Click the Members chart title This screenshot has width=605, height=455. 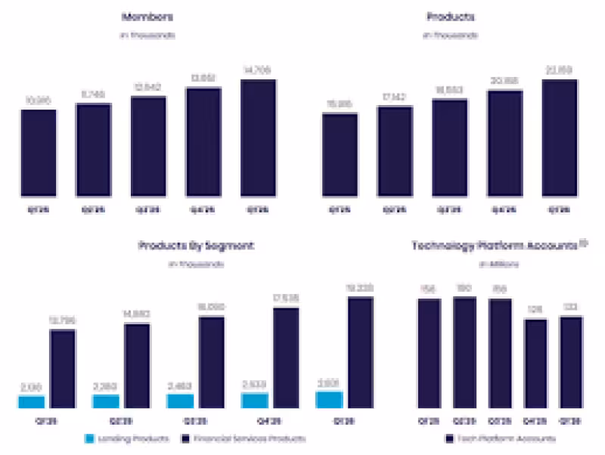tap(147, 17)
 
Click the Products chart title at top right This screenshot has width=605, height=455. tap(450, 17)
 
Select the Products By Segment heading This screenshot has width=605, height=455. tap(196, 246)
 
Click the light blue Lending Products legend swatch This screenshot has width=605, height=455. tap(88, 438)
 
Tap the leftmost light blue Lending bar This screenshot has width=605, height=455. tap(31, 401)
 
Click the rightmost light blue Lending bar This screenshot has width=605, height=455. tap(329, 399)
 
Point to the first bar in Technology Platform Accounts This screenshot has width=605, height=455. tap(430, 354)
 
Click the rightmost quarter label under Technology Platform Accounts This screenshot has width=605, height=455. tap(572, 420)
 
